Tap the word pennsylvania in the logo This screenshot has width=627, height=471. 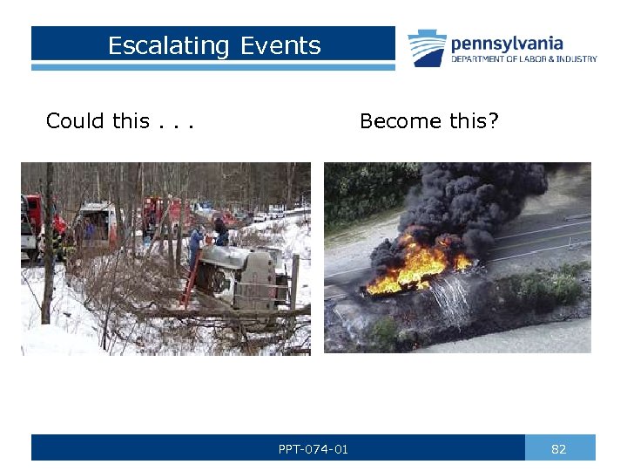click(x=507, y=43)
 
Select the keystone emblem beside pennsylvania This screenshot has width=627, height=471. click(x=427, y=48)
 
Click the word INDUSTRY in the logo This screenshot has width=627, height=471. click(x=578, y=59)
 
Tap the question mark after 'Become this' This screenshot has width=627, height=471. click(x=494, y=121)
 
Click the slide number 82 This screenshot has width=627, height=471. click(x=559, y=449)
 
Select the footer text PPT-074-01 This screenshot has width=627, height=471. click(x=313, y=449)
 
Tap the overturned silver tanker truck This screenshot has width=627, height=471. click(x=240, y=276)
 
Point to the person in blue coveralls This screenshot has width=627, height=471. click(x=196, y=244)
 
